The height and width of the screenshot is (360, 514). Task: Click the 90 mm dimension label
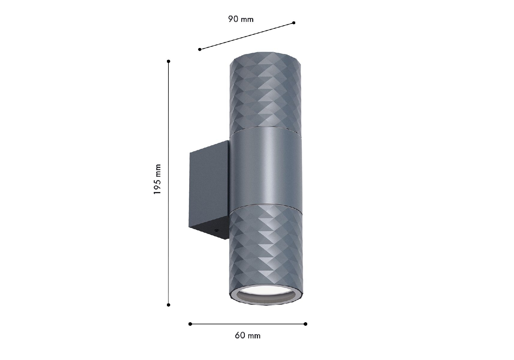tap(241, 19)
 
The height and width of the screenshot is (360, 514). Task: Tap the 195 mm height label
tap(157, 179)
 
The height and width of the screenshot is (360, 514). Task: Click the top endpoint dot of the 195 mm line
tap(169, 61)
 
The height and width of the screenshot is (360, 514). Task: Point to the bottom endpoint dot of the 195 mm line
tap(168, 305)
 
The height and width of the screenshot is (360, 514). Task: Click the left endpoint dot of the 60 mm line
tap(190, 324)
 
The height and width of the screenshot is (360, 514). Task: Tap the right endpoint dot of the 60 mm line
tap(305, 324)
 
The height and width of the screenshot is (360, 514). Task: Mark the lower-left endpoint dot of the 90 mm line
tap(200, 49)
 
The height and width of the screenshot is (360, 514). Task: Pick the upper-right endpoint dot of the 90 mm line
tap(294, 23)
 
